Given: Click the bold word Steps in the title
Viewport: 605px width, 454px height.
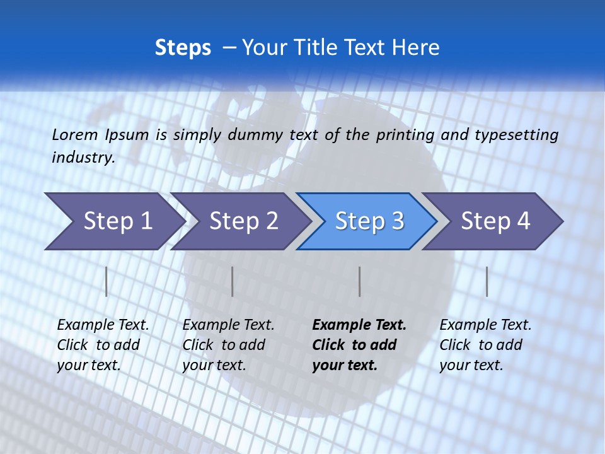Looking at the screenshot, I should [x=183, y=47].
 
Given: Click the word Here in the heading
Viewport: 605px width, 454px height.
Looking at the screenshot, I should [x=415, y=47].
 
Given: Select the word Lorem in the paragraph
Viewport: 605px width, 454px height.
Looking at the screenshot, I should [x=75, y=134].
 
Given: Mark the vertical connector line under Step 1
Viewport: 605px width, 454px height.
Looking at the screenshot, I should [x=106, y=281].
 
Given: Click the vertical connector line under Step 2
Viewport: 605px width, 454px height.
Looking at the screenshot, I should [x=232, y=281].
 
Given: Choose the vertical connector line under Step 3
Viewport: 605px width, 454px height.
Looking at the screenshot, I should [x=359, y=281].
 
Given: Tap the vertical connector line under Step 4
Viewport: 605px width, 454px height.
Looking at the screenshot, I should [x=487, y=281].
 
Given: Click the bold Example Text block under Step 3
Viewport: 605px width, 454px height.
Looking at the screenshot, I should [x=359, y=345].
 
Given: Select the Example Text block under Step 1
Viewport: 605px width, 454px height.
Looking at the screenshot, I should [x=103, y=345].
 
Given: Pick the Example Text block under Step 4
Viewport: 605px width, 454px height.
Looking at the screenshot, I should [x=485, y=345].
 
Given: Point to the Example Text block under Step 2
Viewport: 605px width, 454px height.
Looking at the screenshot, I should [x=228, y=345].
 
